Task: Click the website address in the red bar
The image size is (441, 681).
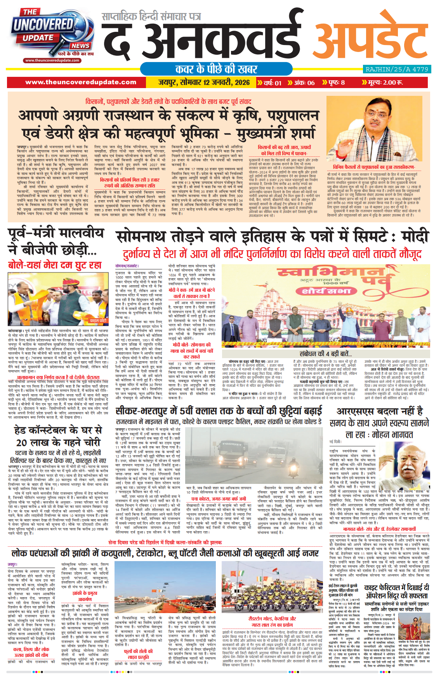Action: click(x=81, y=82)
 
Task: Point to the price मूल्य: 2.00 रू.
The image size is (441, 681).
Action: click(x=385, y=82)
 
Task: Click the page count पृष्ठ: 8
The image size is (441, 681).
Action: click(x=333, y=82)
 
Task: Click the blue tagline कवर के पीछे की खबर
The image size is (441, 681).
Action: click(x=216, y=69)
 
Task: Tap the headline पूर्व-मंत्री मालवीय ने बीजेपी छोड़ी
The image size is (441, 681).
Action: click(x=56, y=241)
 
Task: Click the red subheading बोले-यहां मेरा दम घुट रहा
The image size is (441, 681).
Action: click(x=55, y=265)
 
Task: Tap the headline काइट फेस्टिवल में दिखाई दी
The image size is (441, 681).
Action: click(x=396, y=588)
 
